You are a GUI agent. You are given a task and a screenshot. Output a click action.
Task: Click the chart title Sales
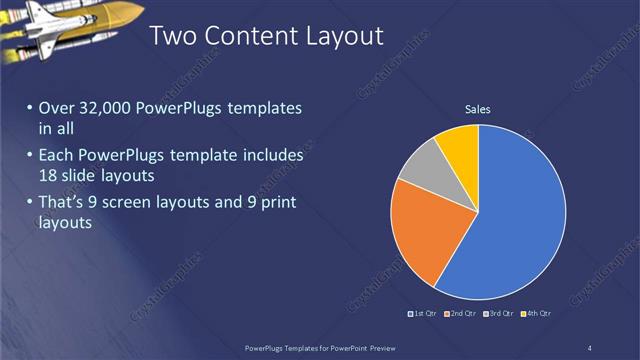click(x=477, y=109)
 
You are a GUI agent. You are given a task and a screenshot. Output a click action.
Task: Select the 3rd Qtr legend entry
click(x=499, y=313)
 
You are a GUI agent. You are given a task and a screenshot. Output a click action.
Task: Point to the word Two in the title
click(x=171, y=37)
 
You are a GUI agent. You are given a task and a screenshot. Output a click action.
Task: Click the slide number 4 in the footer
click(x=589, y=348)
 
